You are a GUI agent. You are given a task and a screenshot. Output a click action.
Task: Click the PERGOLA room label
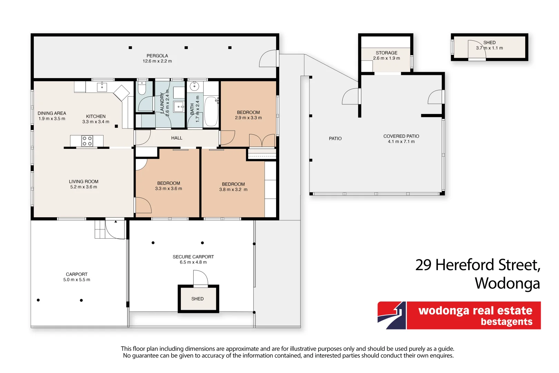(157, 56)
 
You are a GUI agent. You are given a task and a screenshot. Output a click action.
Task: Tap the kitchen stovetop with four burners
(87, 141)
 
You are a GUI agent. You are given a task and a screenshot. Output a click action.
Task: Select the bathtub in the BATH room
(211, 112)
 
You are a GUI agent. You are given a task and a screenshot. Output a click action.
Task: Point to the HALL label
(176, 138)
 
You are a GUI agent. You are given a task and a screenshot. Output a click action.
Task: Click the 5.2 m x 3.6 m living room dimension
(84, 187)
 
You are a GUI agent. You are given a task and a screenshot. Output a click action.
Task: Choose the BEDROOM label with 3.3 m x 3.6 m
(168, 183)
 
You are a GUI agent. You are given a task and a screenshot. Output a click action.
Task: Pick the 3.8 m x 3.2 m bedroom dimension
(233, 189)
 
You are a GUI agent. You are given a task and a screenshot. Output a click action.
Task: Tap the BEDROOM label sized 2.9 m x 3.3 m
(248, 112)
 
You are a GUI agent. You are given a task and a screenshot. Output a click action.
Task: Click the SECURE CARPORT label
(193, 257)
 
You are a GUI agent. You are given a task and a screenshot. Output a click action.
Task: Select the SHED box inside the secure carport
(198, 299)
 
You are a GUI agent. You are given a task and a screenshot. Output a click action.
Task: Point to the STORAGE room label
(386, 53)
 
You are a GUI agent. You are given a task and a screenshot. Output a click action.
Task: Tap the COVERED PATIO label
(401, 136)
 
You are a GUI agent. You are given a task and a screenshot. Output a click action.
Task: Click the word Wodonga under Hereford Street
(507, 283)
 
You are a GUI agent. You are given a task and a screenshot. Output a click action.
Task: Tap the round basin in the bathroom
(194, 86)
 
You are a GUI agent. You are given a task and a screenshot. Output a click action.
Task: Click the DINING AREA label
(52, 113)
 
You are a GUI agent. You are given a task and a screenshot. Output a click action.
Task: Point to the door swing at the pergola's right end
(268, 59)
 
